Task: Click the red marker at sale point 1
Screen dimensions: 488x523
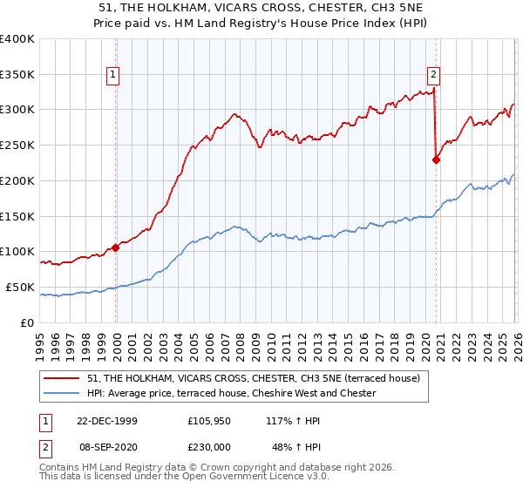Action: (116, 247)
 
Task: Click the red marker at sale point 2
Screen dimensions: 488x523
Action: (436, 159)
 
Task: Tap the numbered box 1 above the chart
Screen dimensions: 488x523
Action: (114, 75)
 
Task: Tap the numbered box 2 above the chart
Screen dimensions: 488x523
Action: (434, 75)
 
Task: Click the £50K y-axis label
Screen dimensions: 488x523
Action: (19, 287)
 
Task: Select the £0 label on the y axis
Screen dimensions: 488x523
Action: (27, 322)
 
